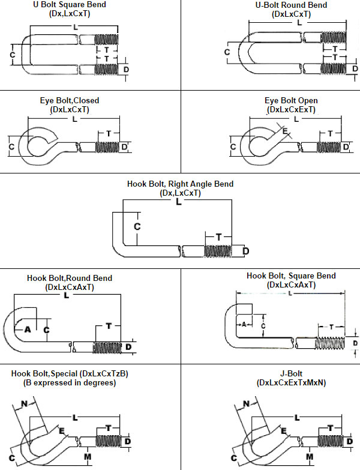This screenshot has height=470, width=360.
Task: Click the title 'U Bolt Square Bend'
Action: [70, 5]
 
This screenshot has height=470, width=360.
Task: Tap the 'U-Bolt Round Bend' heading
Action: [291, 5]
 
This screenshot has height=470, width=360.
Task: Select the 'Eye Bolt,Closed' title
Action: [70, 100]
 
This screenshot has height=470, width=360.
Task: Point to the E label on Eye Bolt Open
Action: [285, 131]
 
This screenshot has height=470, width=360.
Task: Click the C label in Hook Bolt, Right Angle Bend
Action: [137, 227]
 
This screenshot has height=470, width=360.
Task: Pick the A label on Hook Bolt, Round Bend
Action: [28, 330]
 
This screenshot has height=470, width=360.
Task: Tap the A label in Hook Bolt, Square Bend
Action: [244, 324]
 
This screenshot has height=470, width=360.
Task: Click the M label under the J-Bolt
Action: [310, 457]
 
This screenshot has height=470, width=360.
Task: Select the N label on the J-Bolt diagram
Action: [246, 404]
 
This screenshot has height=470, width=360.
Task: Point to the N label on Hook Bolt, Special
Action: [24, 404]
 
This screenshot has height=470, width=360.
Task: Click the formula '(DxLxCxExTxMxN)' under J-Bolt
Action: [291, 383]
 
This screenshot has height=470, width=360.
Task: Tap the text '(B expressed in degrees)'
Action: [70, 383]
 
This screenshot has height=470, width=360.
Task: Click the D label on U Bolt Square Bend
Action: [126, 70]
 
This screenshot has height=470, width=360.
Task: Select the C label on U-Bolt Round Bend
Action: [227, 52]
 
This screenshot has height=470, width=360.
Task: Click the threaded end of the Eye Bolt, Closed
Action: [107, 148]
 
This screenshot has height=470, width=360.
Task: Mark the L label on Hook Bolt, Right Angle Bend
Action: [179, 202]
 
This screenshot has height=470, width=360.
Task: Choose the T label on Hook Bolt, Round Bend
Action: [109, 326]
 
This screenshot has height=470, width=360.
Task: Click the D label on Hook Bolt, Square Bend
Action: [355, 343]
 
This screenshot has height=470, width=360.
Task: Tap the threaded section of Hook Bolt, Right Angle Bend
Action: [218, 251]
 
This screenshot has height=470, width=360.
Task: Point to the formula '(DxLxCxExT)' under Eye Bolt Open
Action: [291, 109]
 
